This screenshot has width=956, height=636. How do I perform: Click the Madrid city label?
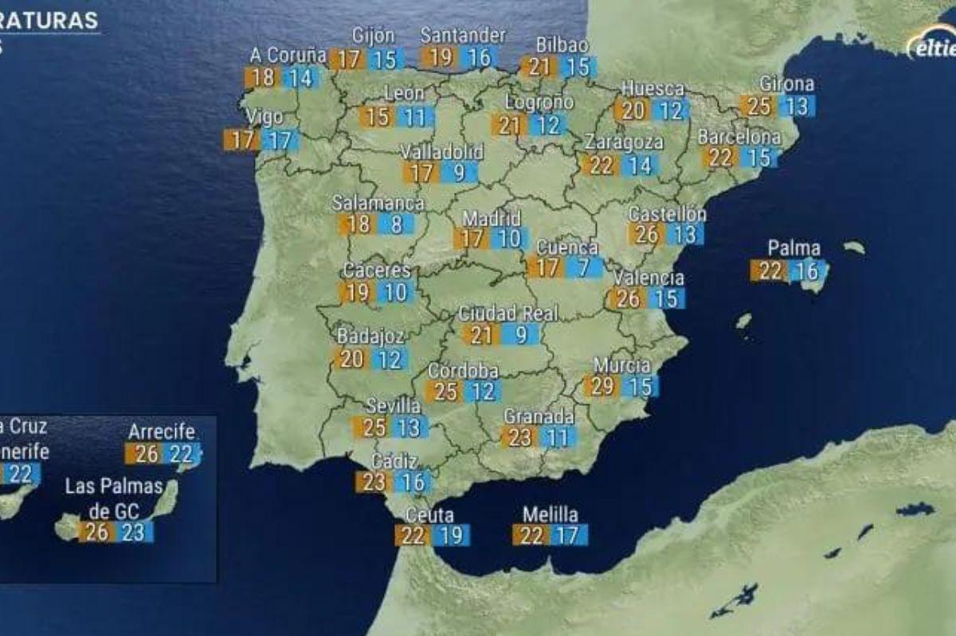click(492, 218)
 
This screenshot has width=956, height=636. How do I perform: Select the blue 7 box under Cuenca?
click(583, 267)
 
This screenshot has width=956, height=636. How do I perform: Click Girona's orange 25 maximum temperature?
click(757, 106)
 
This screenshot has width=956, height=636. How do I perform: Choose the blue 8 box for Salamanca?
click(396, 224)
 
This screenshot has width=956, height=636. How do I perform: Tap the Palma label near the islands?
click(793, 248)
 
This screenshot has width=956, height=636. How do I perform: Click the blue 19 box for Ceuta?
click(451, 535)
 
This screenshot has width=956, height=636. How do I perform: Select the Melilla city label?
click(550, 514)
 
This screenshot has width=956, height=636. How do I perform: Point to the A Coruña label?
click(288, 56)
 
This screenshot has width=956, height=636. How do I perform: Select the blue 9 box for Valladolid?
click(460, 172)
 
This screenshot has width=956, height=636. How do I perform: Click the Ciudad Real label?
click(507, 314)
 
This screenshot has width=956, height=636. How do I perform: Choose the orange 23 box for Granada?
click(519, 437)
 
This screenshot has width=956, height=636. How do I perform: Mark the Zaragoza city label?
click(624, 142)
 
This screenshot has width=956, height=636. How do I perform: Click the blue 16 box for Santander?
click(480, 57)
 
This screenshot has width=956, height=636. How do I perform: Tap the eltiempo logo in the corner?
click(932, 45)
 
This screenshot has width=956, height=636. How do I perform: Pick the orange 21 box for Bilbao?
click(539, 67)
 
